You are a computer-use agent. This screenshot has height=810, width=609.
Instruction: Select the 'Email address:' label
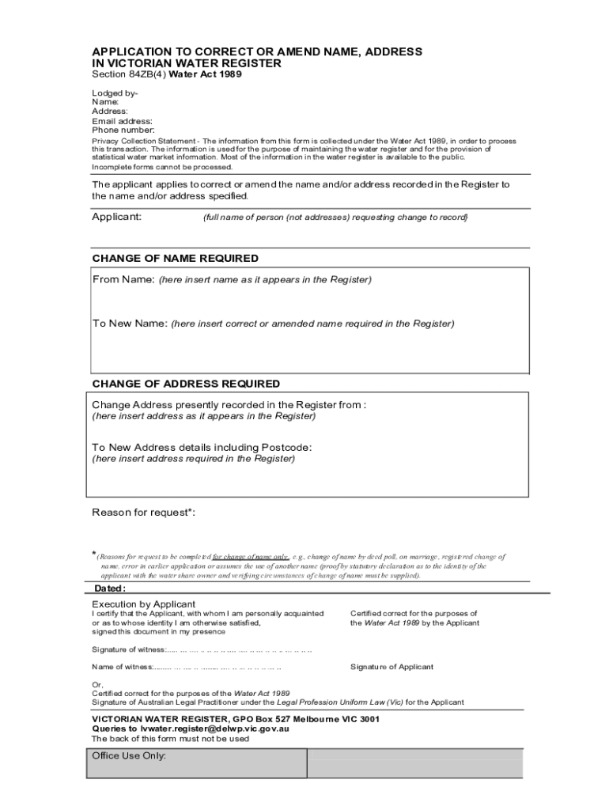(123, 121)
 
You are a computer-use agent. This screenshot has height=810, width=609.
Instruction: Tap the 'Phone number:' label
(123, 130)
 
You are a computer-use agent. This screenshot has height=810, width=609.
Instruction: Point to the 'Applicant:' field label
(117, 217)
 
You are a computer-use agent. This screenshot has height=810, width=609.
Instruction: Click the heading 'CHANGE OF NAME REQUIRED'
(175, 259)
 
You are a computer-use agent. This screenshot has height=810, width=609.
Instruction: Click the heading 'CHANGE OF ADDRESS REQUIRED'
(186, 384)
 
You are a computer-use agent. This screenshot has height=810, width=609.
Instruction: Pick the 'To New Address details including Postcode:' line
(202, 448)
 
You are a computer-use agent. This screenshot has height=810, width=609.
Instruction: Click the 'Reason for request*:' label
(143, 513)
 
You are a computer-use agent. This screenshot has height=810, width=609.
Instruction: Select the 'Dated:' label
(110, 589)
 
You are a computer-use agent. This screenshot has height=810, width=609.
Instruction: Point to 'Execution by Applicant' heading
(144, 604)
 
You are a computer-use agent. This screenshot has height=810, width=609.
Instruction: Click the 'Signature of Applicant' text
(391, 667)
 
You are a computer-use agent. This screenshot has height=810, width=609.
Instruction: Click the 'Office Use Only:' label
(129, 756)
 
